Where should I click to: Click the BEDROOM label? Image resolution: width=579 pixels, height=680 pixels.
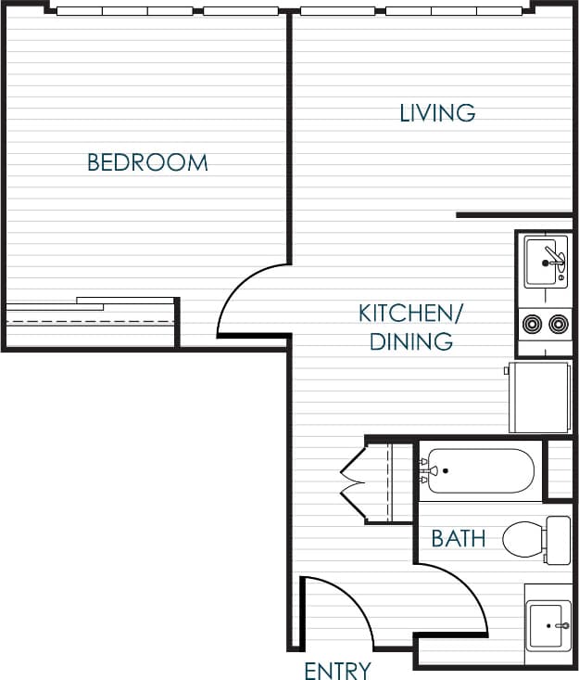[147, 163]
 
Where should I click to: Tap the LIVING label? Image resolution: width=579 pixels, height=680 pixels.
[437, 113]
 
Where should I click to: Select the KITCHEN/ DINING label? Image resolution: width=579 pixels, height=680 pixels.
[409, 327]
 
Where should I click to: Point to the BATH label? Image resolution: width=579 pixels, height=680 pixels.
[459, 538]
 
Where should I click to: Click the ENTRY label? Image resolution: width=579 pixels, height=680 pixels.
[337, 670]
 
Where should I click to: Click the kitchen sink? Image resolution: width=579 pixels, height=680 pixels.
[545, 262]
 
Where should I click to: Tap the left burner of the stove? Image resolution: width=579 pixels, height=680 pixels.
[532, 324]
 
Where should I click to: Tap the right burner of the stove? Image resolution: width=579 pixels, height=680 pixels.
[558, 324]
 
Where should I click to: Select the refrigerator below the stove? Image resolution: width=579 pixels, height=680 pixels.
[539, 396]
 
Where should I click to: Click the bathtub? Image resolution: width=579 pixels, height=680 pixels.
[478, 471]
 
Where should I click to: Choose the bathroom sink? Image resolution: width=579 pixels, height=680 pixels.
[548, 627]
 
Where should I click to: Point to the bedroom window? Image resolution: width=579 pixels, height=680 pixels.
[167, 11]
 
